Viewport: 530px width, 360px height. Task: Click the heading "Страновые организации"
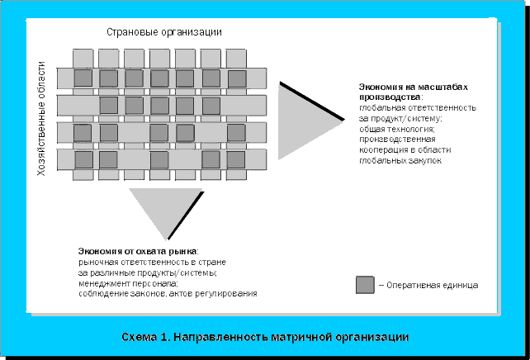click(x=164, y=31)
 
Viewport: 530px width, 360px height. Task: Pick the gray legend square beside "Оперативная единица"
click(x=364, y=285)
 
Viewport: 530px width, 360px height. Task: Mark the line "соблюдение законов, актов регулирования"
click(x=168, y=294)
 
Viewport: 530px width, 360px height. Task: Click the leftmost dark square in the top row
click(x=83, y=78)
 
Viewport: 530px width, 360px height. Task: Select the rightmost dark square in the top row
click(x=237, y=79)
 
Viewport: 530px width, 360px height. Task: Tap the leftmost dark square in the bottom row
click(x=83, y=159)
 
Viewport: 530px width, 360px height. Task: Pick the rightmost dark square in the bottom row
click(x=237, y=159)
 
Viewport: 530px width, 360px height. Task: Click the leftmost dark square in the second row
click(x=109, y=106)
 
